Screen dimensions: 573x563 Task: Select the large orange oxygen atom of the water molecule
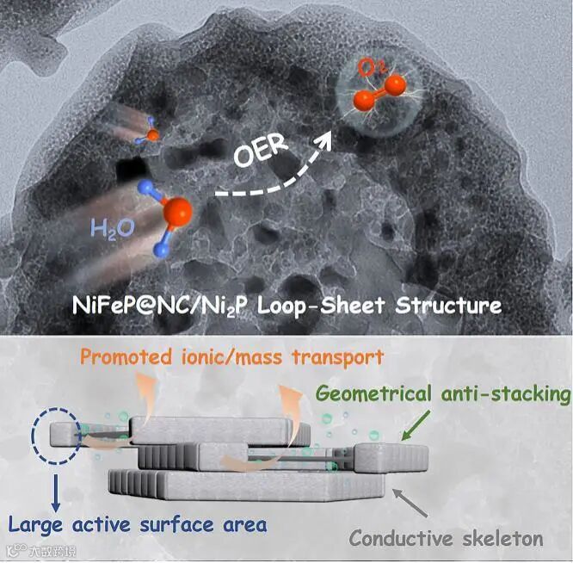coord(177,210)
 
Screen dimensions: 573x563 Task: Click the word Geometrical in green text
coord(378,394)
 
